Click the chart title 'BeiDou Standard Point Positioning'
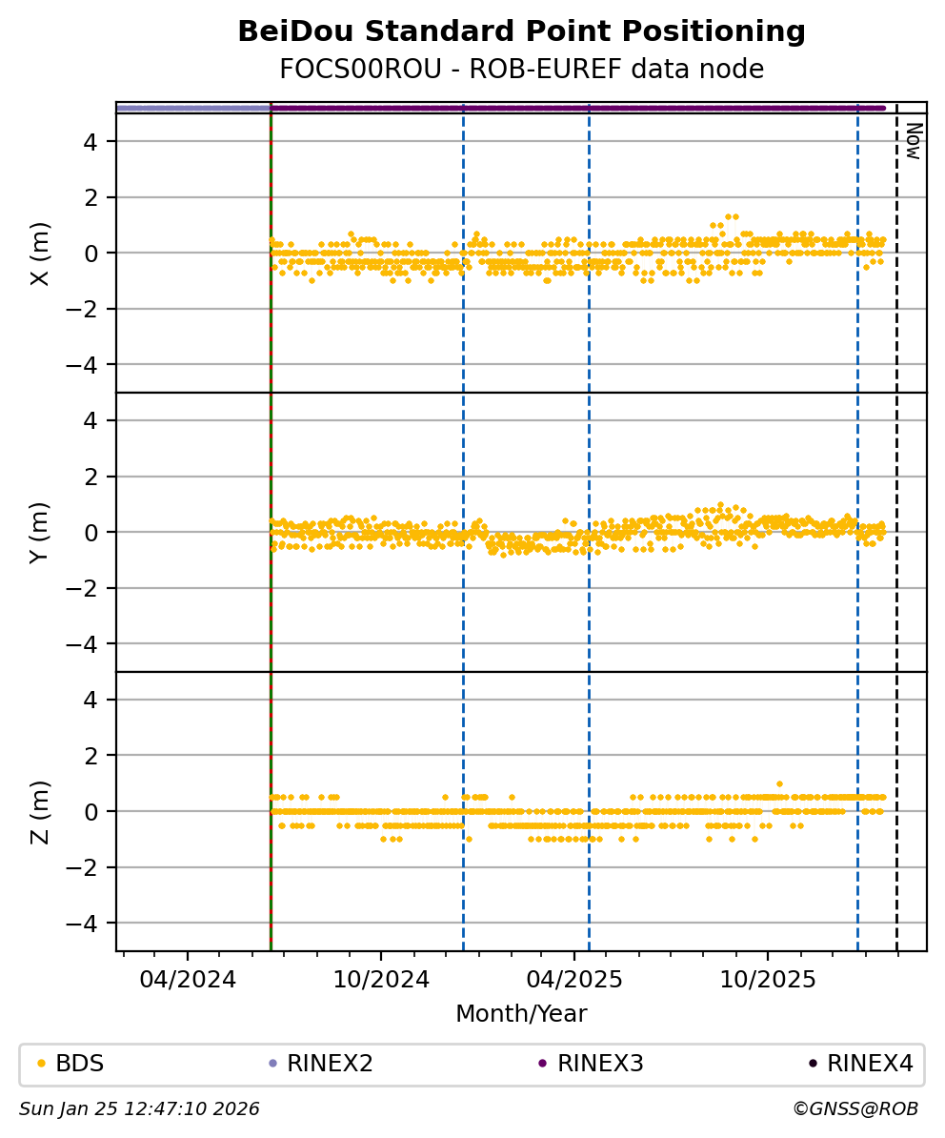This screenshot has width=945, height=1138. pos(521,32)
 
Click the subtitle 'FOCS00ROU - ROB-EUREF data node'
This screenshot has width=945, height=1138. pos(521,70)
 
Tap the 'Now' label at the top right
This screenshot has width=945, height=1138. pos(912,141)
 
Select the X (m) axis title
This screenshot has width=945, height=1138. pos(39,253)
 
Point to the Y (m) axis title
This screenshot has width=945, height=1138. pos(39,532)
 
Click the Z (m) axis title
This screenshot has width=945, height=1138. pos(39,811)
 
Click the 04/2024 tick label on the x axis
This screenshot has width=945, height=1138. pos(188,980)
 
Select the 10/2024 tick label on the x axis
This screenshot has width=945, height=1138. pos(381,980)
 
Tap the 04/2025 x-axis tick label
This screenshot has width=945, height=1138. pos(574,980)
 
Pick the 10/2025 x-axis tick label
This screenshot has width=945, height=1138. pos(768,980)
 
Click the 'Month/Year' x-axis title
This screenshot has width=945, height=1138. pos(521,1014)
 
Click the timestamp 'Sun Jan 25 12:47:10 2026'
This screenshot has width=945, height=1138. pos(139,1109)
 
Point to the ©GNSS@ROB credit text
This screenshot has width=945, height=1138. pos(855,1109)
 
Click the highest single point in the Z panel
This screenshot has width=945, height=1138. pos(779,783)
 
